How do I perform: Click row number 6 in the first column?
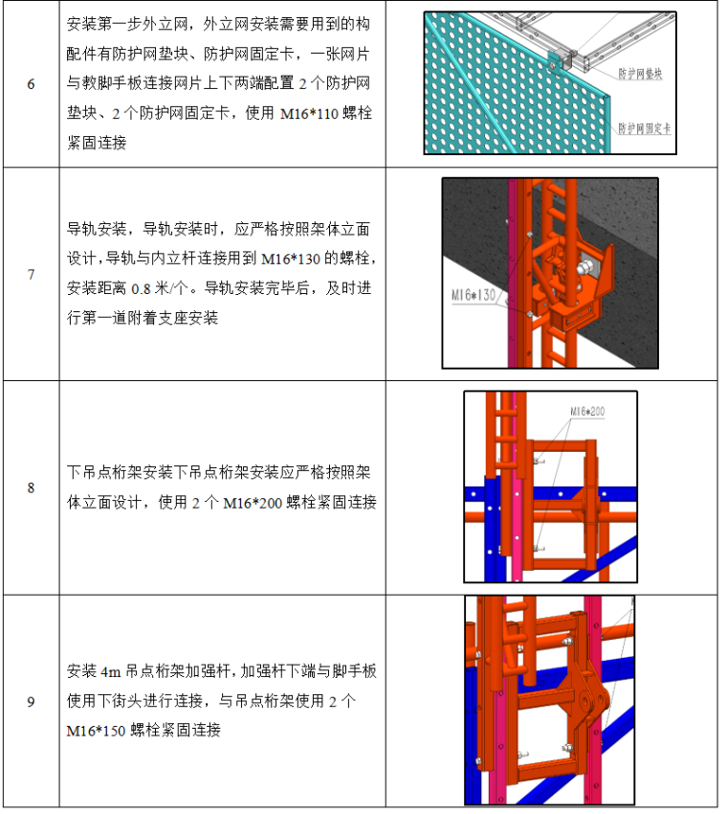click(x=31, y=84)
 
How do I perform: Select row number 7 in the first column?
click(x=31, y=275)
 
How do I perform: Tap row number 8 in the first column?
click(x=31, y=487)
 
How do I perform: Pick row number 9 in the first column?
click(x=31, y=702)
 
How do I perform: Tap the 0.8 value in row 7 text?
click(x=143, y=287)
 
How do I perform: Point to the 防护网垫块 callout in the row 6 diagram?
click(x=642, y=73)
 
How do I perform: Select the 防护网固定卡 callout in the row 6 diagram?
click(x=644, y=127)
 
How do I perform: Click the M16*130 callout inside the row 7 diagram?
click(x=475, y=296)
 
